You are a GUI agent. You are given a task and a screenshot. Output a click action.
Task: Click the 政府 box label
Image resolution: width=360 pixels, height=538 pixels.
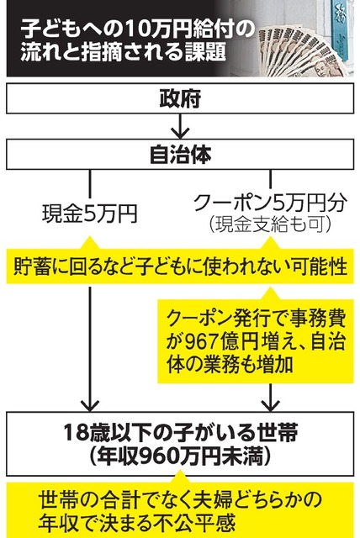180,99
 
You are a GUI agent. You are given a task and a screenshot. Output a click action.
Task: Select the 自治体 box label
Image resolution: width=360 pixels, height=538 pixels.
180,154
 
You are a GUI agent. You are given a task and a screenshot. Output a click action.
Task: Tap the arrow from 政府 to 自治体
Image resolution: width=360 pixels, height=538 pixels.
180,126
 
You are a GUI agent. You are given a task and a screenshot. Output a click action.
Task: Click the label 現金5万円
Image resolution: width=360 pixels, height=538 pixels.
90,214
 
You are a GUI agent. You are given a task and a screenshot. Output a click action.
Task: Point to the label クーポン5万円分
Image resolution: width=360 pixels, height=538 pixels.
270,203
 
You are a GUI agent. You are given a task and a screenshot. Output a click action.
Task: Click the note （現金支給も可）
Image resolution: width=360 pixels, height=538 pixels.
270,224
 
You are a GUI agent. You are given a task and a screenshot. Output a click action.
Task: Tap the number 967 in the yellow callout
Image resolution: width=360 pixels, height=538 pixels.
203,341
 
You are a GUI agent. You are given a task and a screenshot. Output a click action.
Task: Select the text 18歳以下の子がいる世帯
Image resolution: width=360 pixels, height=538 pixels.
180,433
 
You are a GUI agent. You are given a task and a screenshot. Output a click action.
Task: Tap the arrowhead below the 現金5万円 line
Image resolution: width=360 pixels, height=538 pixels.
90,405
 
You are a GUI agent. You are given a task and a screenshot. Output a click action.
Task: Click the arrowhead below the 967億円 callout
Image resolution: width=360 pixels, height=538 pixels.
271,405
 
